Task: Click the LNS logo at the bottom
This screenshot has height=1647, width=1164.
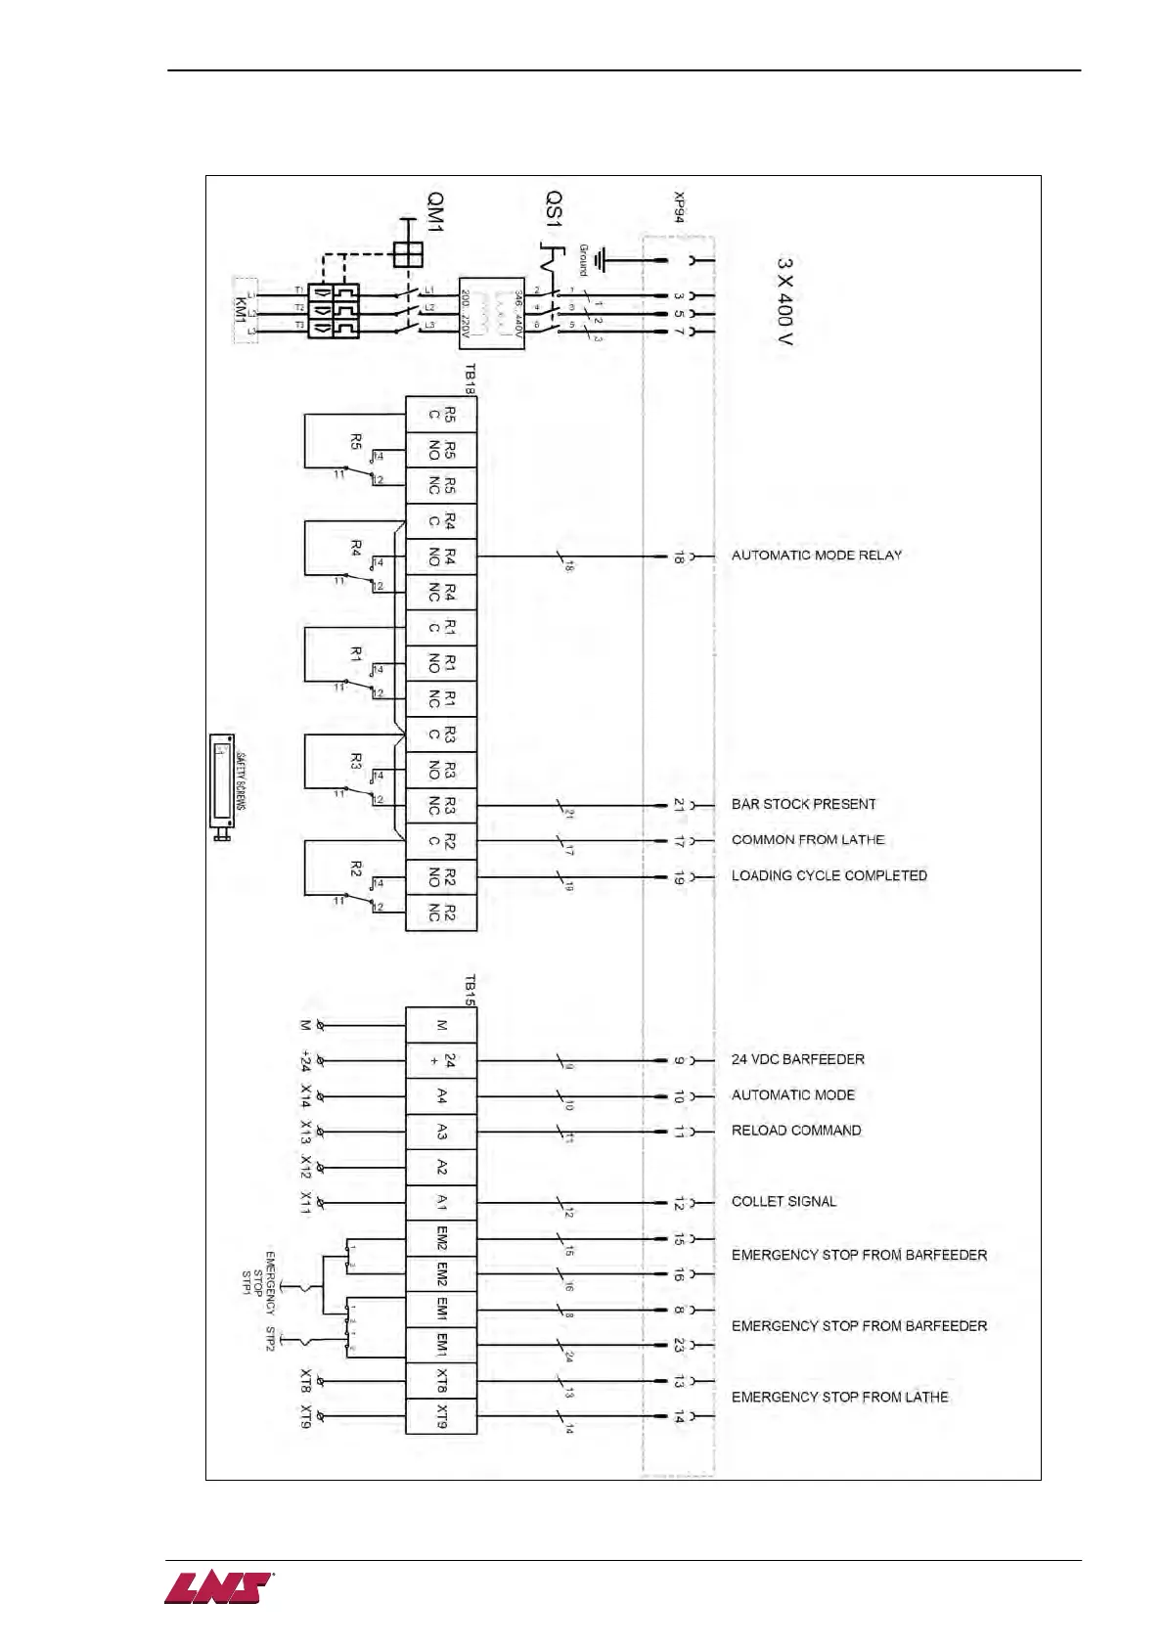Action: (218, 1588)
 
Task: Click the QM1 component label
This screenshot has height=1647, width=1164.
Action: (434, 212)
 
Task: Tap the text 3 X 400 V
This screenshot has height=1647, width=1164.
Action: (784, 301)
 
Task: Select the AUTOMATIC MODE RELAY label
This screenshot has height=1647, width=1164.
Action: (816, 556)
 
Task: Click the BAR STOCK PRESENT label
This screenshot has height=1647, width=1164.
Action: (803, 805)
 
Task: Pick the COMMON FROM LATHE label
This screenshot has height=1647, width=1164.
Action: (807, 840)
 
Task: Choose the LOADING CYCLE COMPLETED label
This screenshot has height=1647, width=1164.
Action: (828, 876)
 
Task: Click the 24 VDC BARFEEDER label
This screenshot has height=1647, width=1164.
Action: (797, 1060)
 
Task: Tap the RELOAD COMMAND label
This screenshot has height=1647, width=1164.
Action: (796, 1131)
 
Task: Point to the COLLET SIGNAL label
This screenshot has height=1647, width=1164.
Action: (783, 1202)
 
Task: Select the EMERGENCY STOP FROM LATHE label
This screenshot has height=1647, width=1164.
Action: (839, 1398)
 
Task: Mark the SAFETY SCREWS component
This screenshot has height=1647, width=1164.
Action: (223, 786)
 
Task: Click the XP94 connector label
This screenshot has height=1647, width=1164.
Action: (679, 207)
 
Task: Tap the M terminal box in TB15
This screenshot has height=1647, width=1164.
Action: (441, 1025)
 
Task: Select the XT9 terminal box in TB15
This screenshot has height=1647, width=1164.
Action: (441, 1416)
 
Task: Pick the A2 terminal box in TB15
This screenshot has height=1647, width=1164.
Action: (441, 1167)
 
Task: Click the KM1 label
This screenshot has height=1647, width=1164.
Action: (241, 311)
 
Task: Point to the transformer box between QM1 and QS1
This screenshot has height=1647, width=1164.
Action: (492, 313)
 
